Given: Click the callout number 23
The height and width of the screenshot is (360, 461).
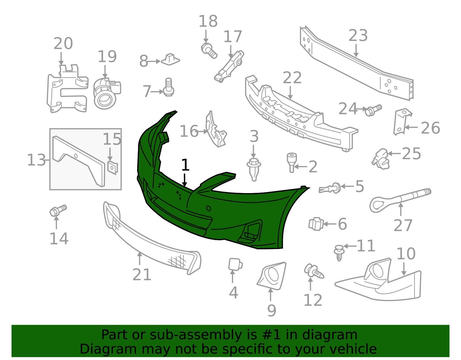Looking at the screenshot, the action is click(x=358, y=35).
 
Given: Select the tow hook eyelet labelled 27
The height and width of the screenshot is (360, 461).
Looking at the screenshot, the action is click(x=400, y=199).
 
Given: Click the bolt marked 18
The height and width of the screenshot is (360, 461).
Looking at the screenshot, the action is click(x=209, y=51).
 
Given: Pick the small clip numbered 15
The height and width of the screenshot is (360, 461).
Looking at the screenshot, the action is click(x=112, y=167).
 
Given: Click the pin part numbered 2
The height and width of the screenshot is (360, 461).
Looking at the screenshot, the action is click(x=292, y=162).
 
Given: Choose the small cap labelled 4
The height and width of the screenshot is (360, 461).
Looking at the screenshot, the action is click(x=235, y=264).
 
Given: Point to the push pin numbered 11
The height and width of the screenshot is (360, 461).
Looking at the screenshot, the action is click(x=339, y=253).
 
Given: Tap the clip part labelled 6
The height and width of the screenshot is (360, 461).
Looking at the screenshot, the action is click(x=316, y=224).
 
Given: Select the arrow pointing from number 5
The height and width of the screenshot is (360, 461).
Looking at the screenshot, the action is click(x=347, y=186).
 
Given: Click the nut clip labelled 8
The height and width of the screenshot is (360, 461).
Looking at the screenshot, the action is click(x=170, y=59).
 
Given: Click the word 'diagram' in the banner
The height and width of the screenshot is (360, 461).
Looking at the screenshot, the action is click(x=330, y=335).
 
